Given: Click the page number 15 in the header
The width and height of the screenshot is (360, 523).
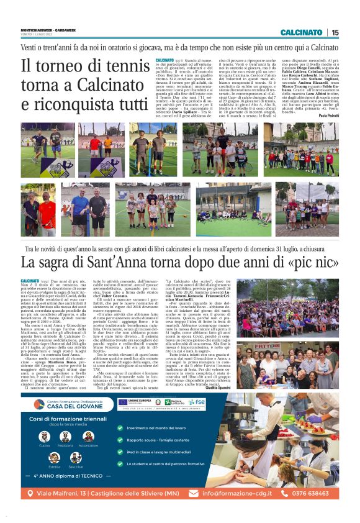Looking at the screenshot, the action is [336, 32].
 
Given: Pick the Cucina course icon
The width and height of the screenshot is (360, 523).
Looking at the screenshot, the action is [44, 437].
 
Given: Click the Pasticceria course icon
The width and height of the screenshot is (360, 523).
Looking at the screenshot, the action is [66, 437].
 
